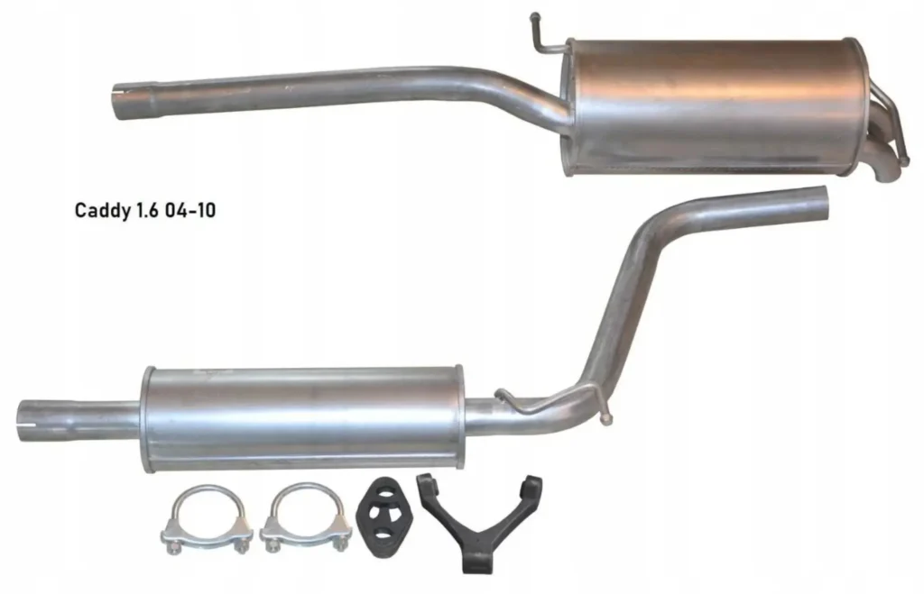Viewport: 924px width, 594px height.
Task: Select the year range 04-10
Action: pyautogui.click(x=189, y=210)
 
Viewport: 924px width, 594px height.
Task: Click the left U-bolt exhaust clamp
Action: pyautogui.click(x=206, y=519)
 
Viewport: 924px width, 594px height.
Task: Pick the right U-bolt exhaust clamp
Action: pyautogui.click(x=305, y=518)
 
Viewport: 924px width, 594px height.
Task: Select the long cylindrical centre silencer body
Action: pyautogui.click(x=301, y=418)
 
